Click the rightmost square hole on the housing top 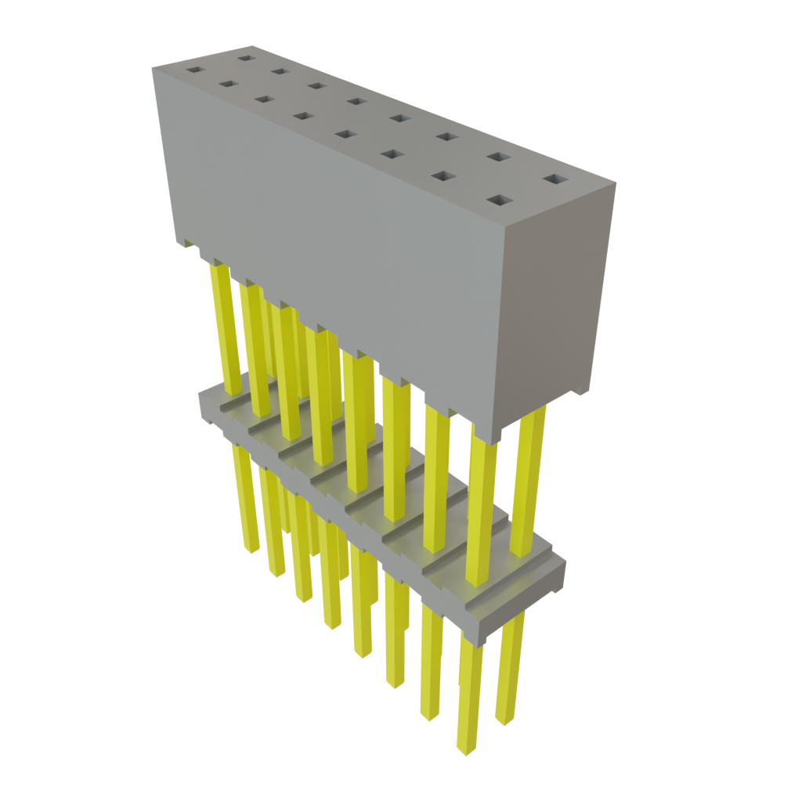point(555,180)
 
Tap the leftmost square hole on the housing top point(193,70)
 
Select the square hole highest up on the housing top point(246,57)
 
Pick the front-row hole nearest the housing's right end point(497,201)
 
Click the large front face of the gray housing point(329,235)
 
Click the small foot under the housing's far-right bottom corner point(580,391)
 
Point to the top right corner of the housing point(616,184)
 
